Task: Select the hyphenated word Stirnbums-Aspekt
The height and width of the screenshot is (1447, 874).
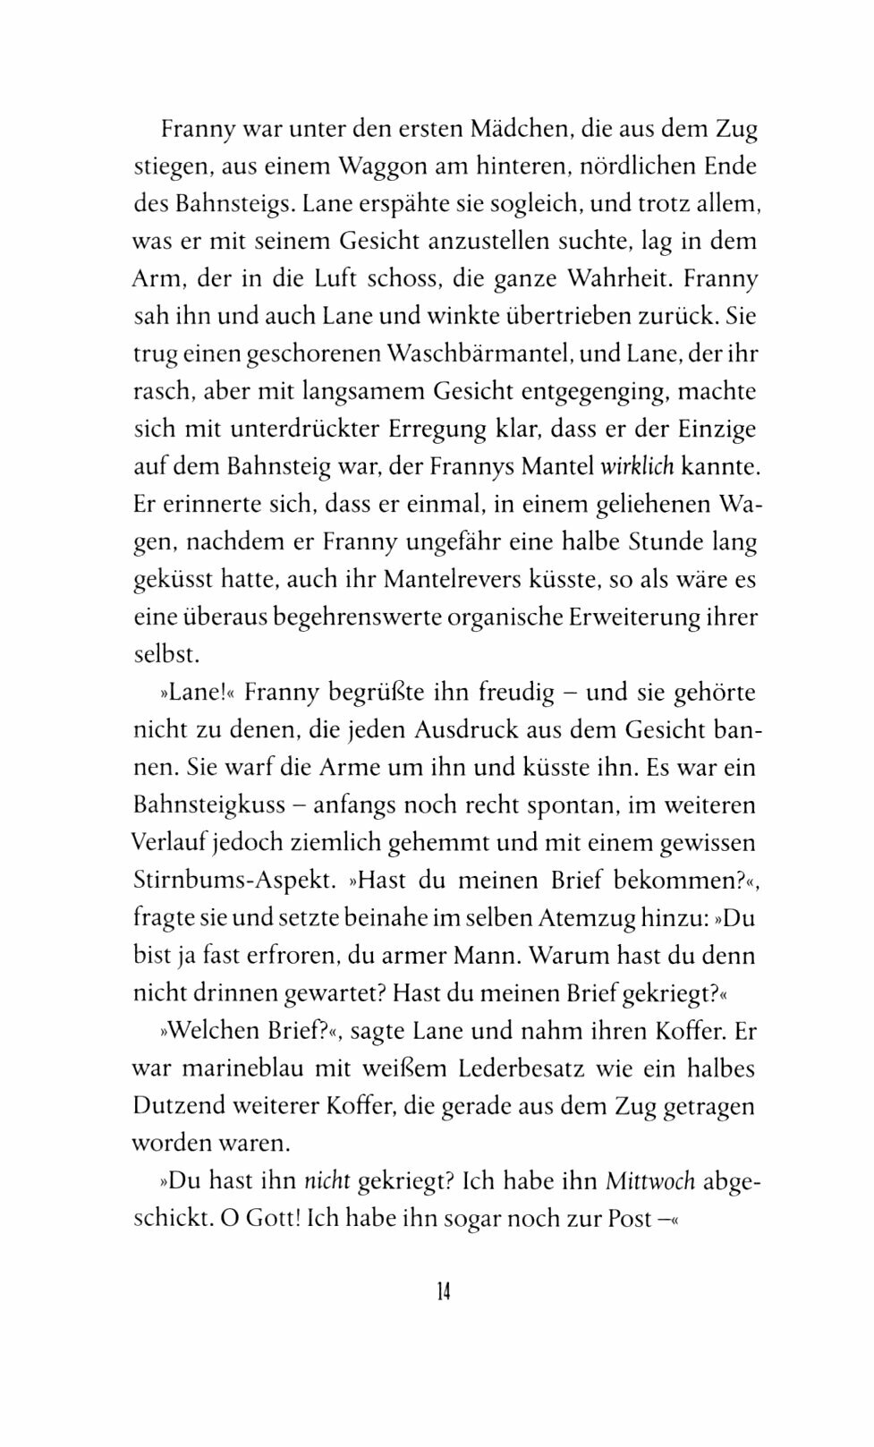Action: pyautogui.click(x=234, y=880)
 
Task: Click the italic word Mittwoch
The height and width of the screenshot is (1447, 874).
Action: pyautogui.click(x=649, y=1180)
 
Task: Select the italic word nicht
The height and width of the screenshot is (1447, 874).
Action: pyautogui.click(x=327, y=1180)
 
